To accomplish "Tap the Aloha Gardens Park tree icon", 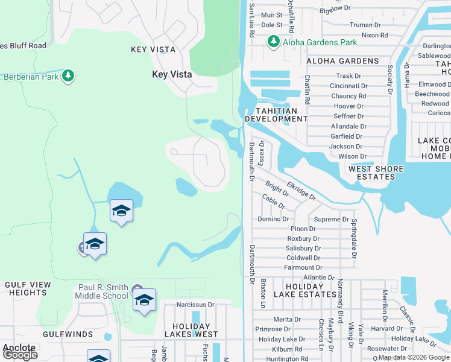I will (273, 41).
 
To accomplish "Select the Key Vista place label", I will (172, 74).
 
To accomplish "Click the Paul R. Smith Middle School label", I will (102, 292).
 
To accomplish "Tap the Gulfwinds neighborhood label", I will (68, 334).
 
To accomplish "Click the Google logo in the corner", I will (20, 355).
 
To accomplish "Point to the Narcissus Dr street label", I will (195, 305).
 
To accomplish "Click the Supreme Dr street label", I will (328, 220).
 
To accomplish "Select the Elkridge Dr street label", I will (301, 191).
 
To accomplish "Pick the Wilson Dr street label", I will (352, 156).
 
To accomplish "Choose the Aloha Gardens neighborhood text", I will (342, 61).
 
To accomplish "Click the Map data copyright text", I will (414, 358).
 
